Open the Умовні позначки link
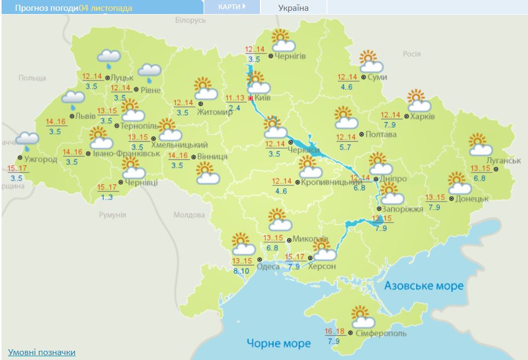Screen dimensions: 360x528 click(x=42, y=352)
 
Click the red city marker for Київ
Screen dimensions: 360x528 click(x=250, y=98)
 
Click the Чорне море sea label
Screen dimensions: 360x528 click(x=279, y=343)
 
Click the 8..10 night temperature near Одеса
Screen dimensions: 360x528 click(x=240, y=271)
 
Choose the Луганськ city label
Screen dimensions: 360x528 click(x=503, y=161)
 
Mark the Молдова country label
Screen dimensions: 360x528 click(x=189, y=215)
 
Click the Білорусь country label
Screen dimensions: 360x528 click(x=191, y=20)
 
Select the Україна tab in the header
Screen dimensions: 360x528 click(x=293, y=8)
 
